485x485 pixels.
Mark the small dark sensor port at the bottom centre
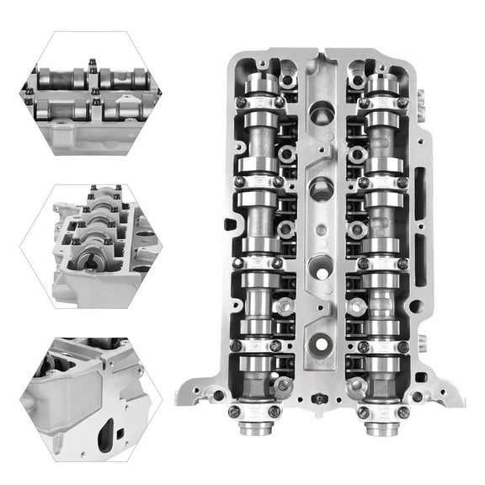[317, 397]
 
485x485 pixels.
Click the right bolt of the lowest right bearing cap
[402, 412]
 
